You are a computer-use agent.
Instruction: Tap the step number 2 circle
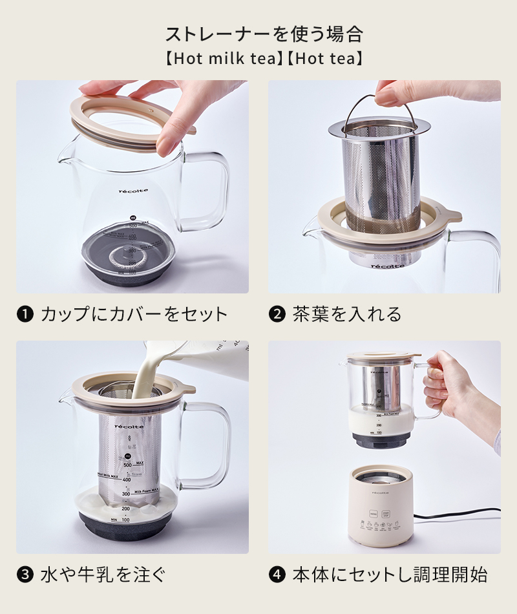pyautogui.click(x=277, y=315)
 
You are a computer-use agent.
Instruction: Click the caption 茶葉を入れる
pyautogui.click(x=346, y=315)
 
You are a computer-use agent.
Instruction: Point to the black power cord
pyautogui.click(x=459, y=518)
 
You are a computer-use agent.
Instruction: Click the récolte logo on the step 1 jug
pyautogui.click(x=134, y=191)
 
